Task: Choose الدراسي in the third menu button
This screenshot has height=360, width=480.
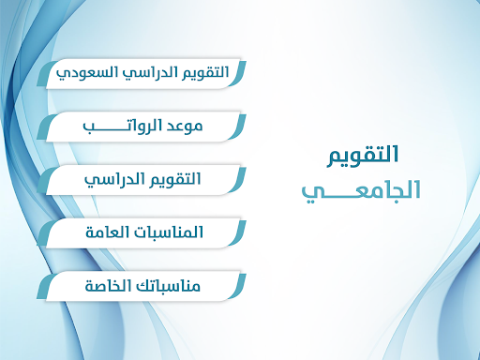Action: pyautogui.click(x=113, y=178)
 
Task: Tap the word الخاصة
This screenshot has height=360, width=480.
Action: pyautogui.click(x=105, y=283)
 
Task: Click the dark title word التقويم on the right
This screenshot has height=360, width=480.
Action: pyautogui.click(x=365, y=154)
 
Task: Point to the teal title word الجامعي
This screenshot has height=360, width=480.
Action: pyautogui.click(x=361, y=190)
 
